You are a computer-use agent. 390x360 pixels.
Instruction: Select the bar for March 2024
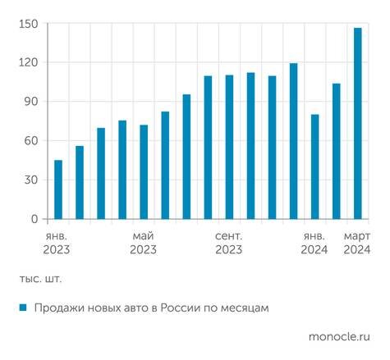358,123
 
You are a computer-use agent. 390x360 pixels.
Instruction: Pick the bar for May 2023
144,172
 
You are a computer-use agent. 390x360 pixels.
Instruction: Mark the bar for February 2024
337,151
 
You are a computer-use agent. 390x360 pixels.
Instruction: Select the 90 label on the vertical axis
30,102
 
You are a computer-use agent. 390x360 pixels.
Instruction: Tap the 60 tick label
30,141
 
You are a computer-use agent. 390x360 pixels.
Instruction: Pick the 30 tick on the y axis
30,180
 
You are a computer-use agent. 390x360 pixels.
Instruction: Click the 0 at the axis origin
34,219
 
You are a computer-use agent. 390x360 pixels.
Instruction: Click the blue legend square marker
24,308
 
